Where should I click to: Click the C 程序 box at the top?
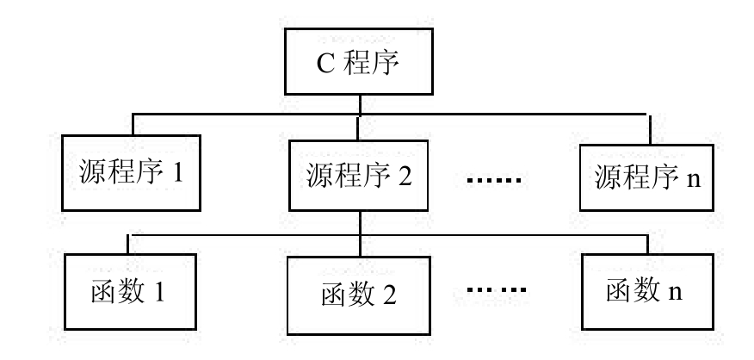(358, 63)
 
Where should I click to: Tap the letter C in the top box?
(326, 64)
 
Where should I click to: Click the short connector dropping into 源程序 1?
(133, 124)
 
